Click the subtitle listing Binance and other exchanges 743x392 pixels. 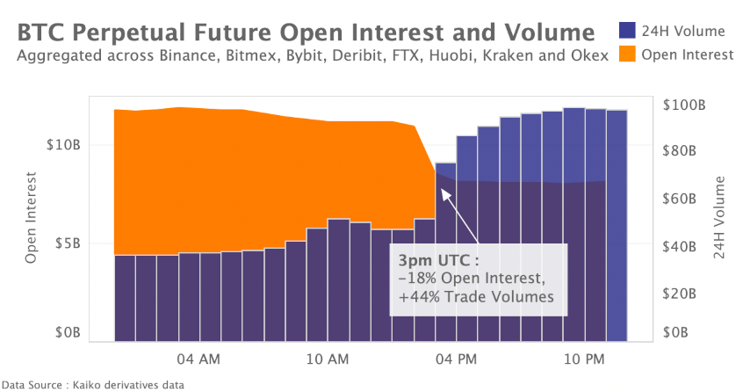(x=312, y=56)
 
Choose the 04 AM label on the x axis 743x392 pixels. (x=198, y=359)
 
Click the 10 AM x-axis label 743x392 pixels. (x=327, y=359)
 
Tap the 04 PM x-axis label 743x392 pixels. (x=456, y=359)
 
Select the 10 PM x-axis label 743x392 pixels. (x=584, y=359)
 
